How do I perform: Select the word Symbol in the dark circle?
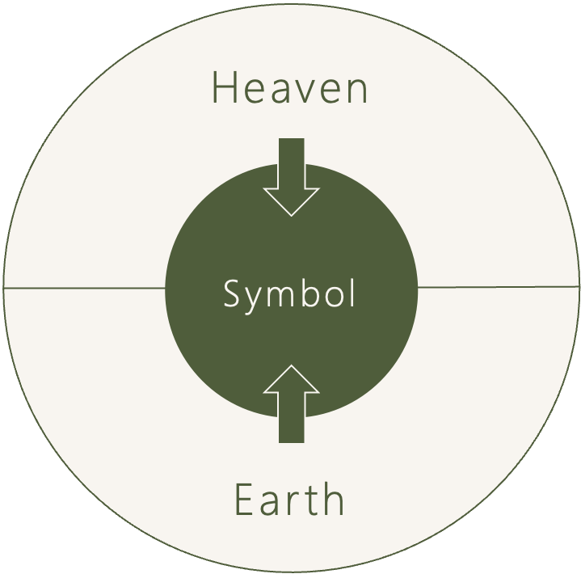pyautogui.click(x=289, y=294)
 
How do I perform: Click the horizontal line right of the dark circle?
pyautogui.click(x=498, y=286)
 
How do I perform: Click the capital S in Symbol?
pyautogui.click(x=231, y=294)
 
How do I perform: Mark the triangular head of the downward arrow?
pyautogui.click(x=291, y=200)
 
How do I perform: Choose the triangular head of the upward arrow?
pyautogui.click(x=291, y=381)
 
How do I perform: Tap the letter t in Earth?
pyautogui.click(x=311, y=500)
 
